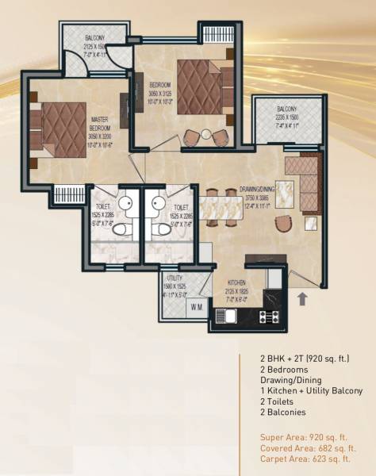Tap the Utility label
(175, 278)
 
